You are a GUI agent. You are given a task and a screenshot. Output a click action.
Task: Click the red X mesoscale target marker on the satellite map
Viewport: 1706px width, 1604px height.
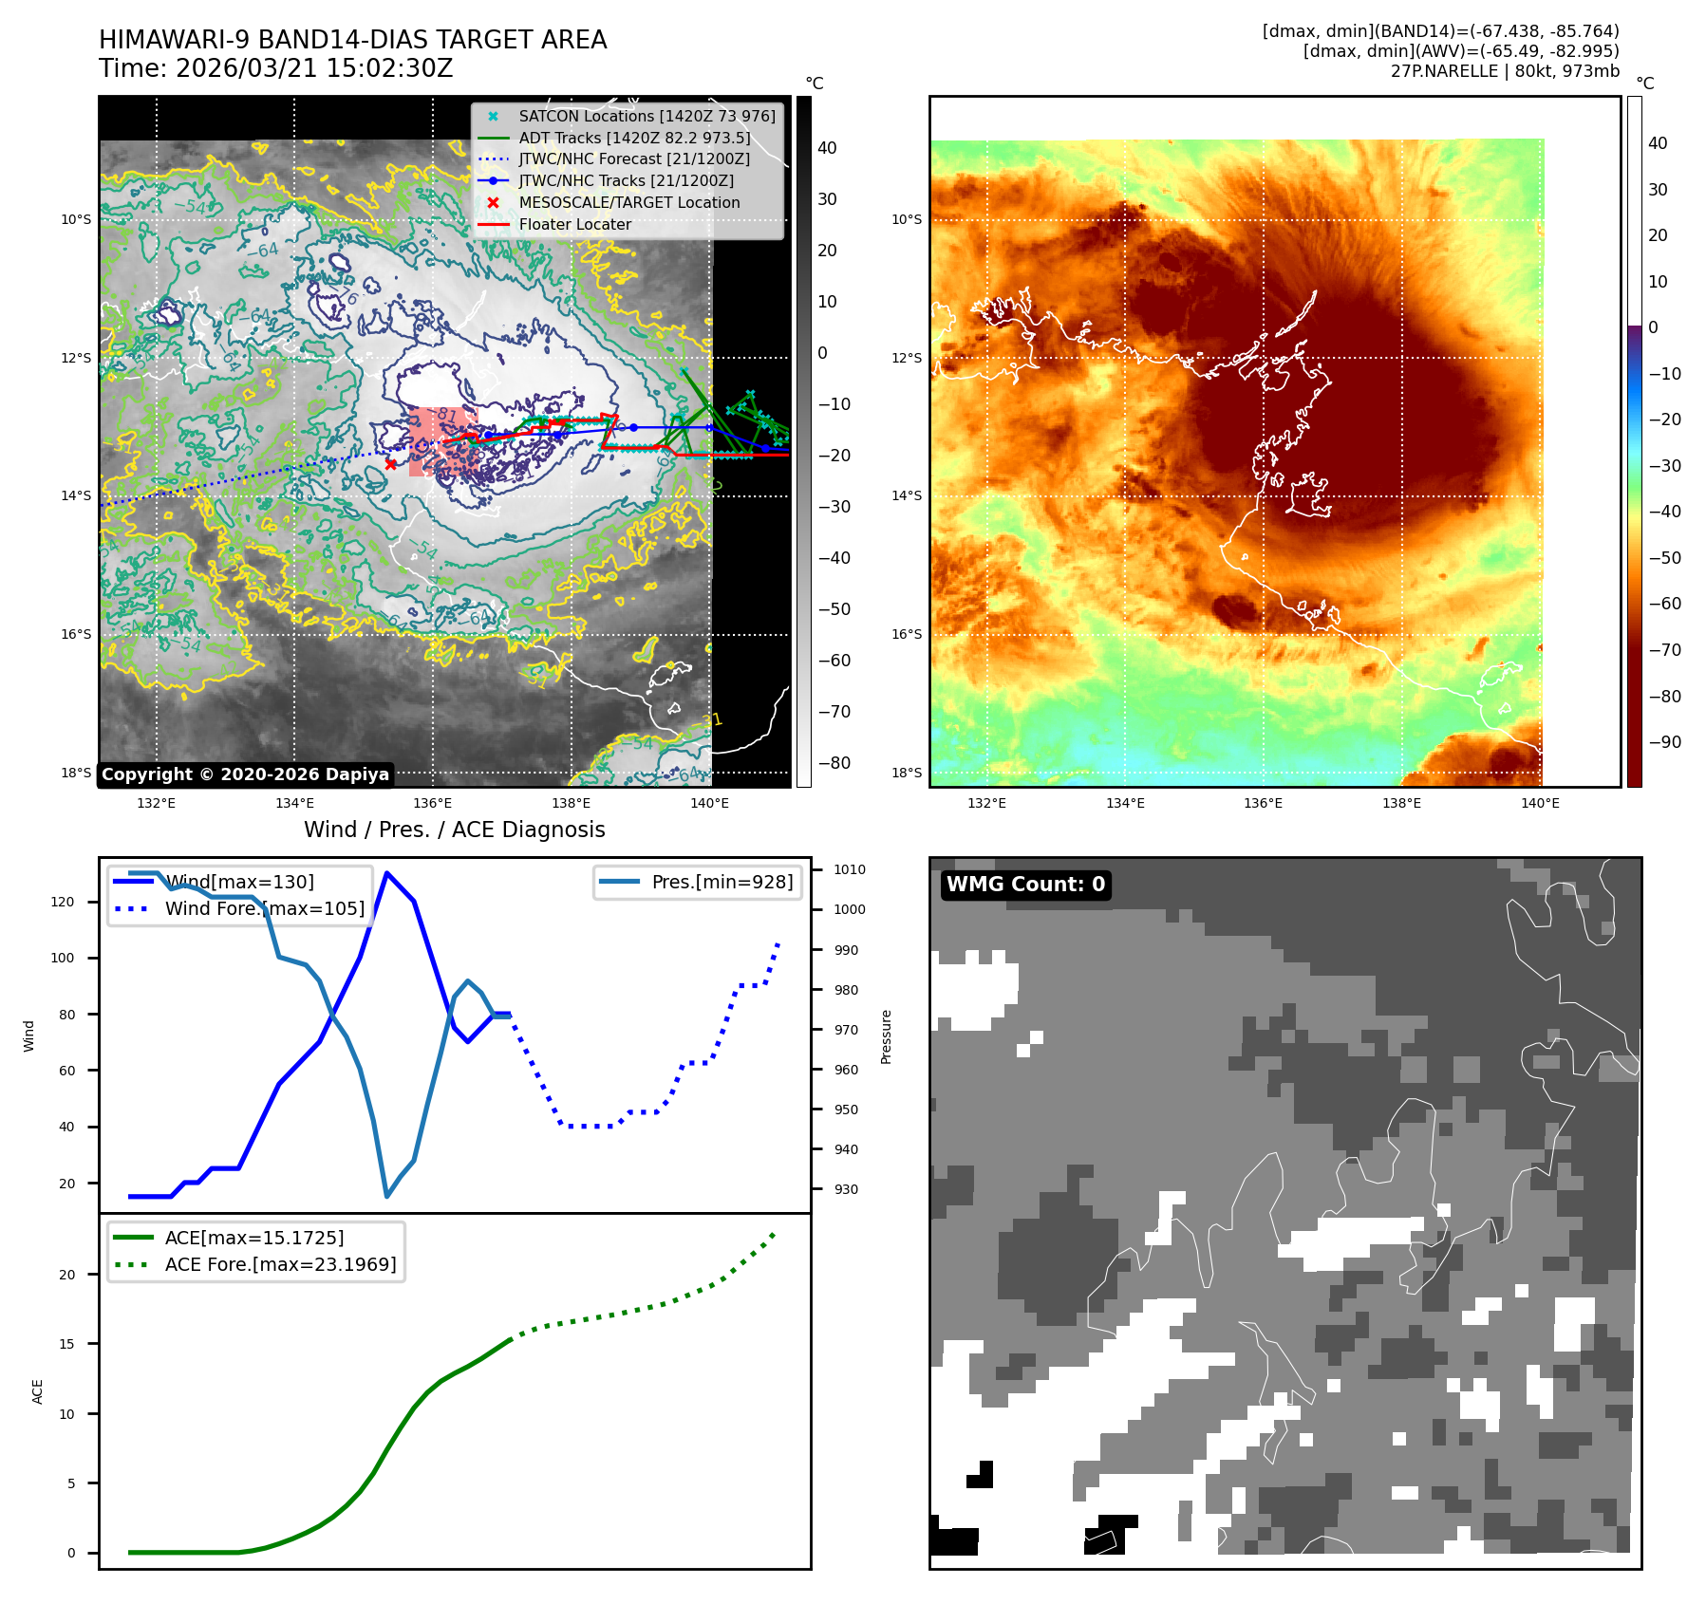pos(391,464)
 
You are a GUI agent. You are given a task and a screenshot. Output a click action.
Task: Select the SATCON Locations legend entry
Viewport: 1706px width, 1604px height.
pos(647,116)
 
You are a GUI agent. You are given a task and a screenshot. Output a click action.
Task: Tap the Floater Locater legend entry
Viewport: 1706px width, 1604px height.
pos(574,225)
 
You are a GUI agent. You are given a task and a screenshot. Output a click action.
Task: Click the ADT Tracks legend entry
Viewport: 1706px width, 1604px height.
pos(634,138)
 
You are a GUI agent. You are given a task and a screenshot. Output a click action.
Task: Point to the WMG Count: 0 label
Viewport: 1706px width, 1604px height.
pos(1025,885)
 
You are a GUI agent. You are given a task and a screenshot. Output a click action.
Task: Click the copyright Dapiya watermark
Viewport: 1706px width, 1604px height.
pos(245,774)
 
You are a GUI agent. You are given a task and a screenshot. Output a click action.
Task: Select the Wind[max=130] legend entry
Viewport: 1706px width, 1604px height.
pos(239,882)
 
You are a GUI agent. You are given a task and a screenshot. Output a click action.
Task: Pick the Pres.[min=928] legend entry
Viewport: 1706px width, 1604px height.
pos(722,882)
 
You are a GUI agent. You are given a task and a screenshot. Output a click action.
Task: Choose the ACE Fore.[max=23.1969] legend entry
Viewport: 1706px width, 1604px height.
pos(280,1264)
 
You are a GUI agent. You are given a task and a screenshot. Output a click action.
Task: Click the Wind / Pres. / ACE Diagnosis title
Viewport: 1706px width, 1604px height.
pos(454,830)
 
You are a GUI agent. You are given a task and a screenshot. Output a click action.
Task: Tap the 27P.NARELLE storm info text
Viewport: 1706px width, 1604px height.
pos(1504,71)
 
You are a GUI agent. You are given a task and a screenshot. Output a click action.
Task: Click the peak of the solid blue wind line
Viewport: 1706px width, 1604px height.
pos(386,872)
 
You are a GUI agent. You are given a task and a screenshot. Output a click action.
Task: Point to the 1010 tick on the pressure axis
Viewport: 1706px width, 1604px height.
pos(849,869)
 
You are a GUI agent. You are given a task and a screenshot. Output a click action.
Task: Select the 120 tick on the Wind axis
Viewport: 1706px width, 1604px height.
pos(63,902)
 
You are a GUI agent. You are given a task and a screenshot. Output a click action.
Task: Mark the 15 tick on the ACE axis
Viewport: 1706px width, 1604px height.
pos(66,1344)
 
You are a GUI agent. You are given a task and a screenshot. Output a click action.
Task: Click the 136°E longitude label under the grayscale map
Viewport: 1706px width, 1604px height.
pos(433,803)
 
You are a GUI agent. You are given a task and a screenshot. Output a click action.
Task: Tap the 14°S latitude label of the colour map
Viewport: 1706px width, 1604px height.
pos(907,495)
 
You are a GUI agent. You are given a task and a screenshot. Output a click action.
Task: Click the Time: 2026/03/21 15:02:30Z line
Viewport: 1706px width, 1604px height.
pos(276,69)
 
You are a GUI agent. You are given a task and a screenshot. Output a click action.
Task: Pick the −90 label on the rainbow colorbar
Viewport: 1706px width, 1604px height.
pos(1664,742)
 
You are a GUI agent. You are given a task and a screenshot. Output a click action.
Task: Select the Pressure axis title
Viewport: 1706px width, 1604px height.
pos(886,1036)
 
